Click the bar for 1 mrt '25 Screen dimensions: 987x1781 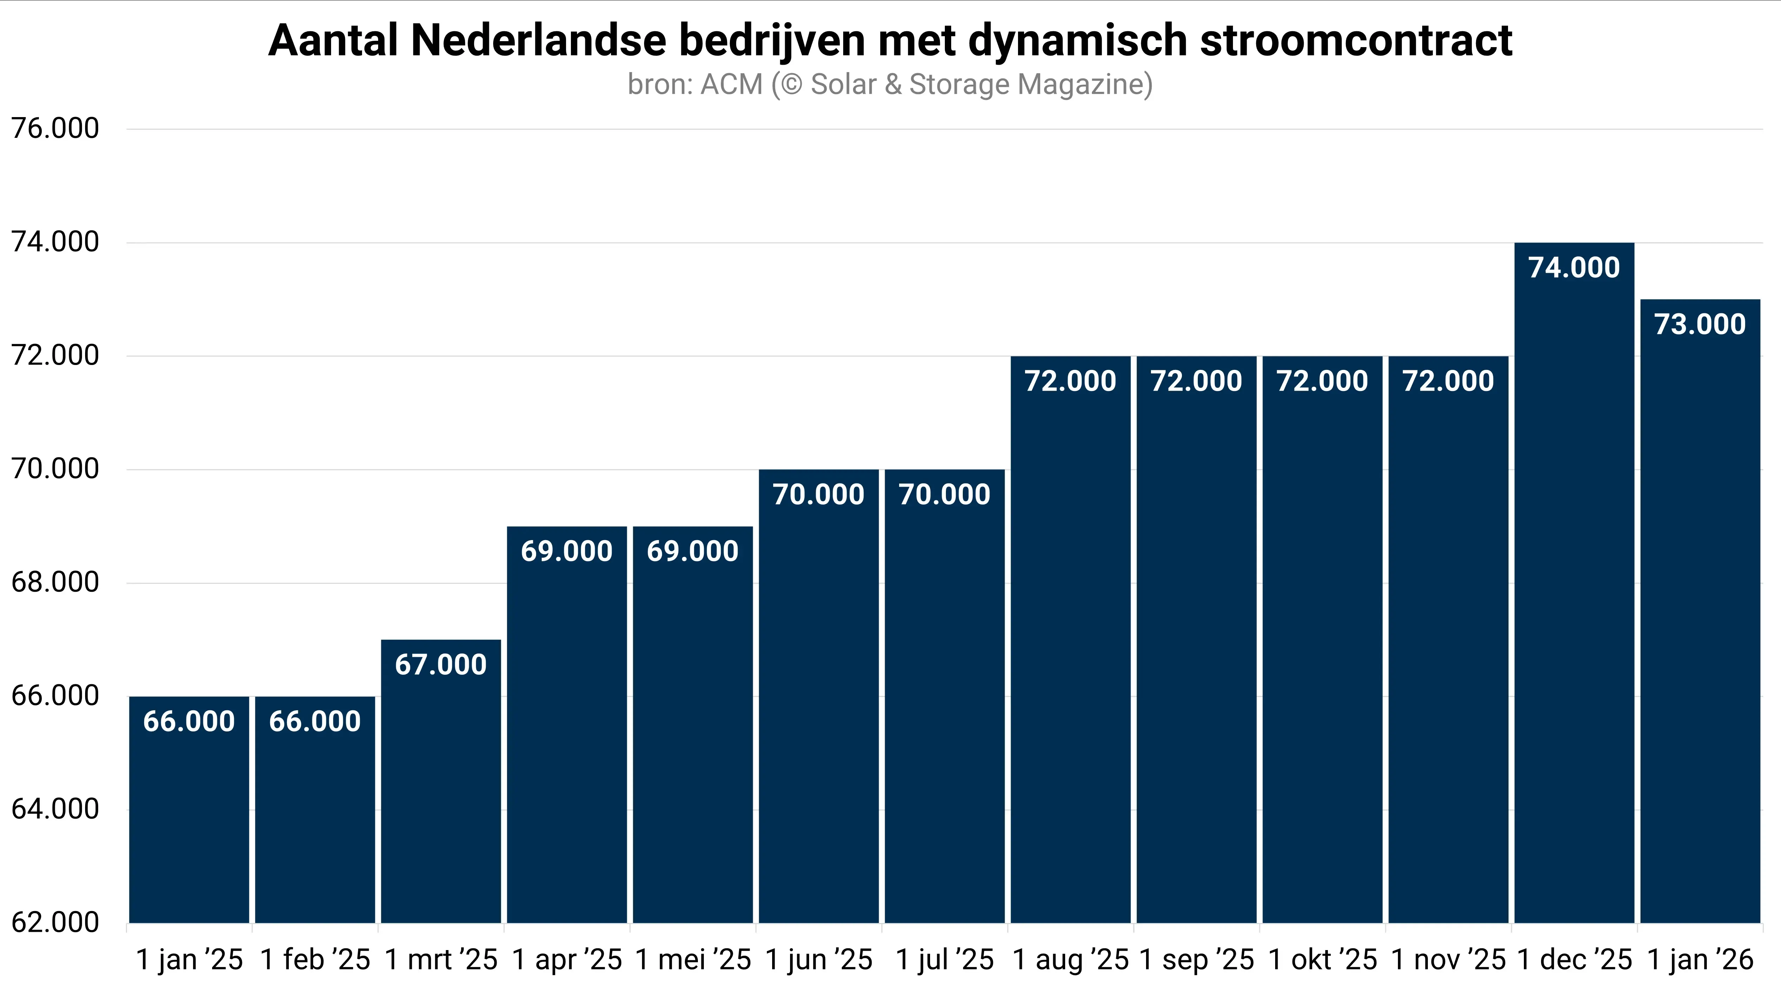pyautogui.click(x=441, y=788)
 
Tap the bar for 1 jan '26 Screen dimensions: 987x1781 pyautogui.click(x=1700, y=622)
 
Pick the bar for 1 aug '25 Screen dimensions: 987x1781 pyautogui.click(x=1070, y=650)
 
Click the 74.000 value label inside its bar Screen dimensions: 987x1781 pyautogui.click(x=1574, y=268)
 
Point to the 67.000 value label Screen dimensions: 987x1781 pyautogui.click(x=441, y=665)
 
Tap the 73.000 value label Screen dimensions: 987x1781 pyautogui.click(x=1700, y=324)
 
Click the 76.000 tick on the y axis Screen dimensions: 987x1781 pyautogui.click(x=55, y=129)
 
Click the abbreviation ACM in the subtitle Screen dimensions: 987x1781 pyautogui.click(x=731, y=84)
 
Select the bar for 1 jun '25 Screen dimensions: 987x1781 pyautogui.click(x=819, y=705)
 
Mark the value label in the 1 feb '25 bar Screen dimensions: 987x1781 pyautogui.click(x=315, y=722)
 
